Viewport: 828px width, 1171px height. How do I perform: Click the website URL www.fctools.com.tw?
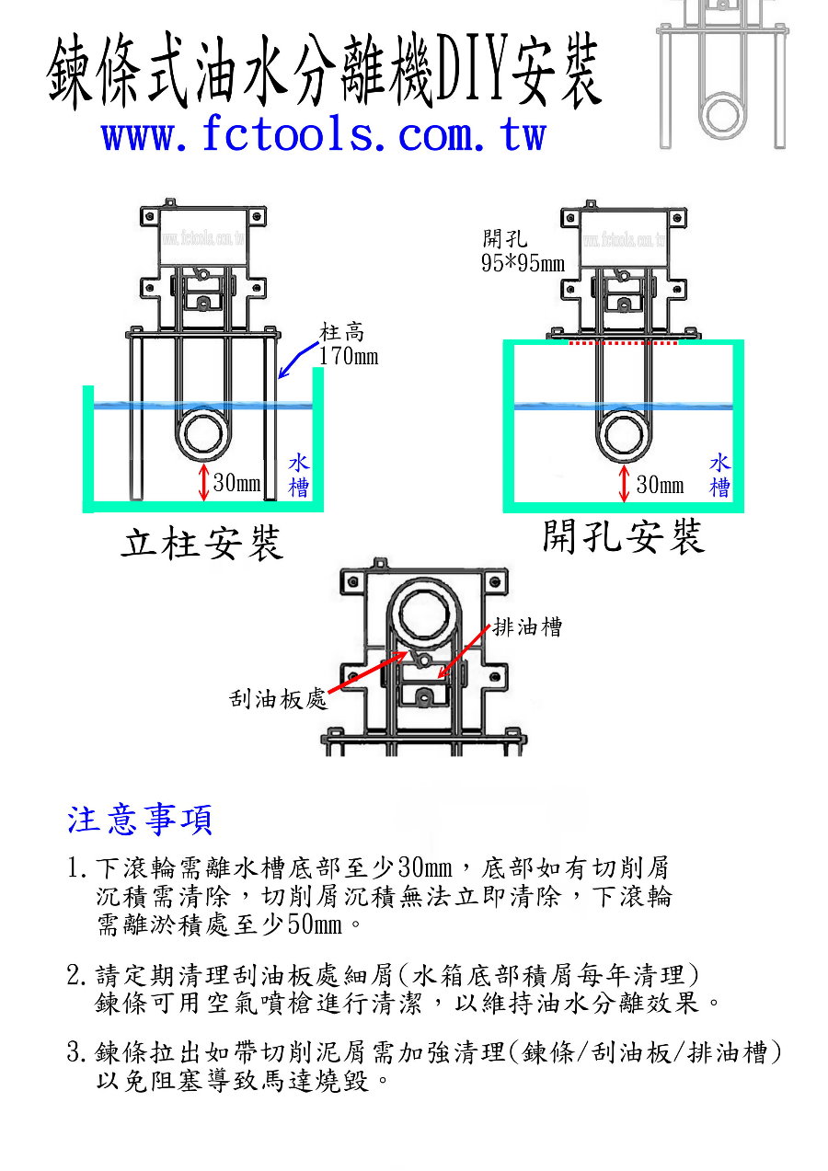click(x=324, y=135)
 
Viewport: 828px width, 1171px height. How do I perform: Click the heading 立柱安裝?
click(x=202, y=544)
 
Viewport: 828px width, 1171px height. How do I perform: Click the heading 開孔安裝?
click(x=623, y=536)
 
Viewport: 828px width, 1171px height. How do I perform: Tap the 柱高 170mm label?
click(x=348, y=345)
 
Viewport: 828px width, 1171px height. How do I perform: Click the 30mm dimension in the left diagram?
click(x=236, y=483)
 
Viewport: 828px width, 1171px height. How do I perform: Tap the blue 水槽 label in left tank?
click(x=299, y=475)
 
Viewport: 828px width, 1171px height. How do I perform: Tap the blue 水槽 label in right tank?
click(x=720, y=475)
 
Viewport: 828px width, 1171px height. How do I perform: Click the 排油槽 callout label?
click(x=527, y=628)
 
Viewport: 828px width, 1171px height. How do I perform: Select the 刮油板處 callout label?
click(x=278, y=699)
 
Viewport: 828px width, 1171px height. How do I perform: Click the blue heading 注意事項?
click(x=141, y=819)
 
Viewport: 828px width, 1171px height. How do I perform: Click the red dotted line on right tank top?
click(x=624, y=342)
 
